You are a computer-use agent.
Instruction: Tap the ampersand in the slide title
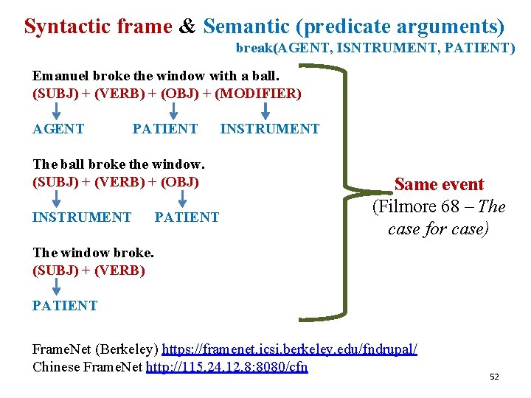pos(187,27)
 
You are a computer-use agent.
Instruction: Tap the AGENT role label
pos(58,129)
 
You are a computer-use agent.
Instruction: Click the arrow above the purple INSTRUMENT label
pos(267,111)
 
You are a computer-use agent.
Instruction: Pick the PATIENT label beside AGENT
pos(165,129)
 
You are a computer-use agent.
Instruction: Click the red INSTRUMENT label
pos(82,217)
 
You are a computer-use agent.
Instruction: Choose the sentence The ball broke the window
pos(118,164)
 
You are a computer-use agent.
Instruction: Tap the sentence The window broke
pos(93,253)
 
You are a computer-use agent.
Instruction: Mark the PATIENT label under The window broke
pos(65,306)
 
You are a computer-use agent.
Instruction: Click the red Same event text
pos(439,184)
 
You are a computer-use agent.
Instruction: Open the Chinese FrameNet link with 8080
pos(227,367)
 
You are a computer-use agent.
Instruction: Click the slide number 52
pos(494,377)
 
